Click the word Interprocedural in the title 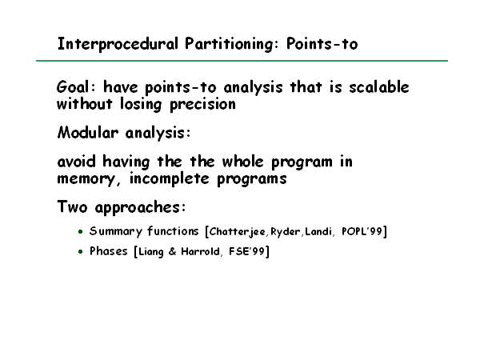[x=118, y=44]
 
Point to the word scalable [x=379, y=87]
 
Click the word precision [x=202, y=105]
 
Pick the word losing [x=141, y=105]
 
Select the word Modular [x=87, y=133]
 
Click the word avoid [x=77, y=162]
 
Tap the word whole [x=242, y=162]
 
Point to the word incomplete [x=170, y=178]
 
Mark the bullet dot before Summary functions [x=81, y=232]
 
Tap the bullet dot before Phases [x=81, y=252]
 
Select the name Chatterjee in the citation [x=238, y=232]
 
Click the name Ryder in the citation [x=286, y=232]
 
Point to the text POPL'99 [x=362, y=231]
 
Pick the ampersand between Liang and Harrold [x=172, y=252]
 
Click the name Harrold [x=200, y=252]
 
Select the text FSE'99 [x=246, y=251]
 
